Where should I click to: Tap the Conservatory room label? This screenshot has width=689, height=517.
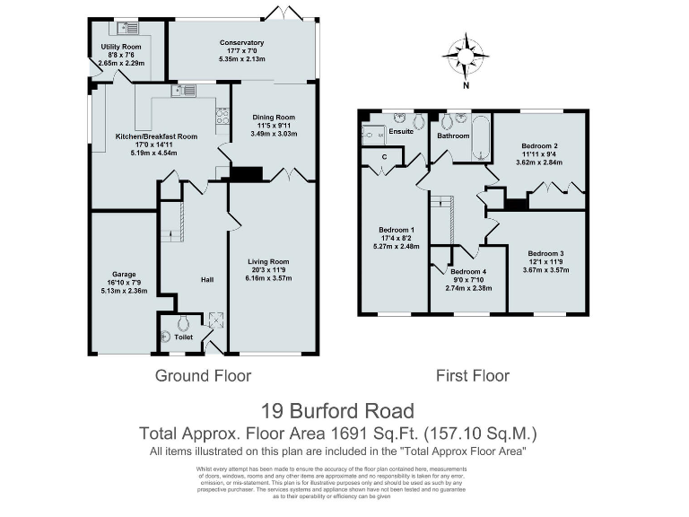pos(241,42)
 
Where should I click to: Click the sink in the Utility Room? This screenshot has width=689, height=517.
pos(121,28)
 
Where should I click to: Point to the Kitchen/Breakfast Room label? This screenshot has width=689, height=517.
pos(156,136)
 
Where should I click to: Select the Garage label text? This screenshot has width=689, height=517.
pos(124,274)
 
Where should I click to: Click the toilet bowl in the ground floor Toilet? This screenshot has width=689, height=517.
pos(184,324)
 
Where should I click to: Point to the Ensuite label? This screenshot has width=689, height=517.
pos(401,132)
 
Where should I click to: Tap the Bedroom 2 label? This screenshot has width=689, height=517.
pos(540,145)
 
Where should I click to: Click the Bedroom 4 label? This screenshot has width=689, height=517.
pos(468,272)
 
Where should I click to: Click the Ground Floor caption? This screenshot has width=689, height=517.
pos(203,375)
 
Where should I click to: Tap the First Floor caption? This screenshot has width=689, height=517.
pos(472,375)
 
